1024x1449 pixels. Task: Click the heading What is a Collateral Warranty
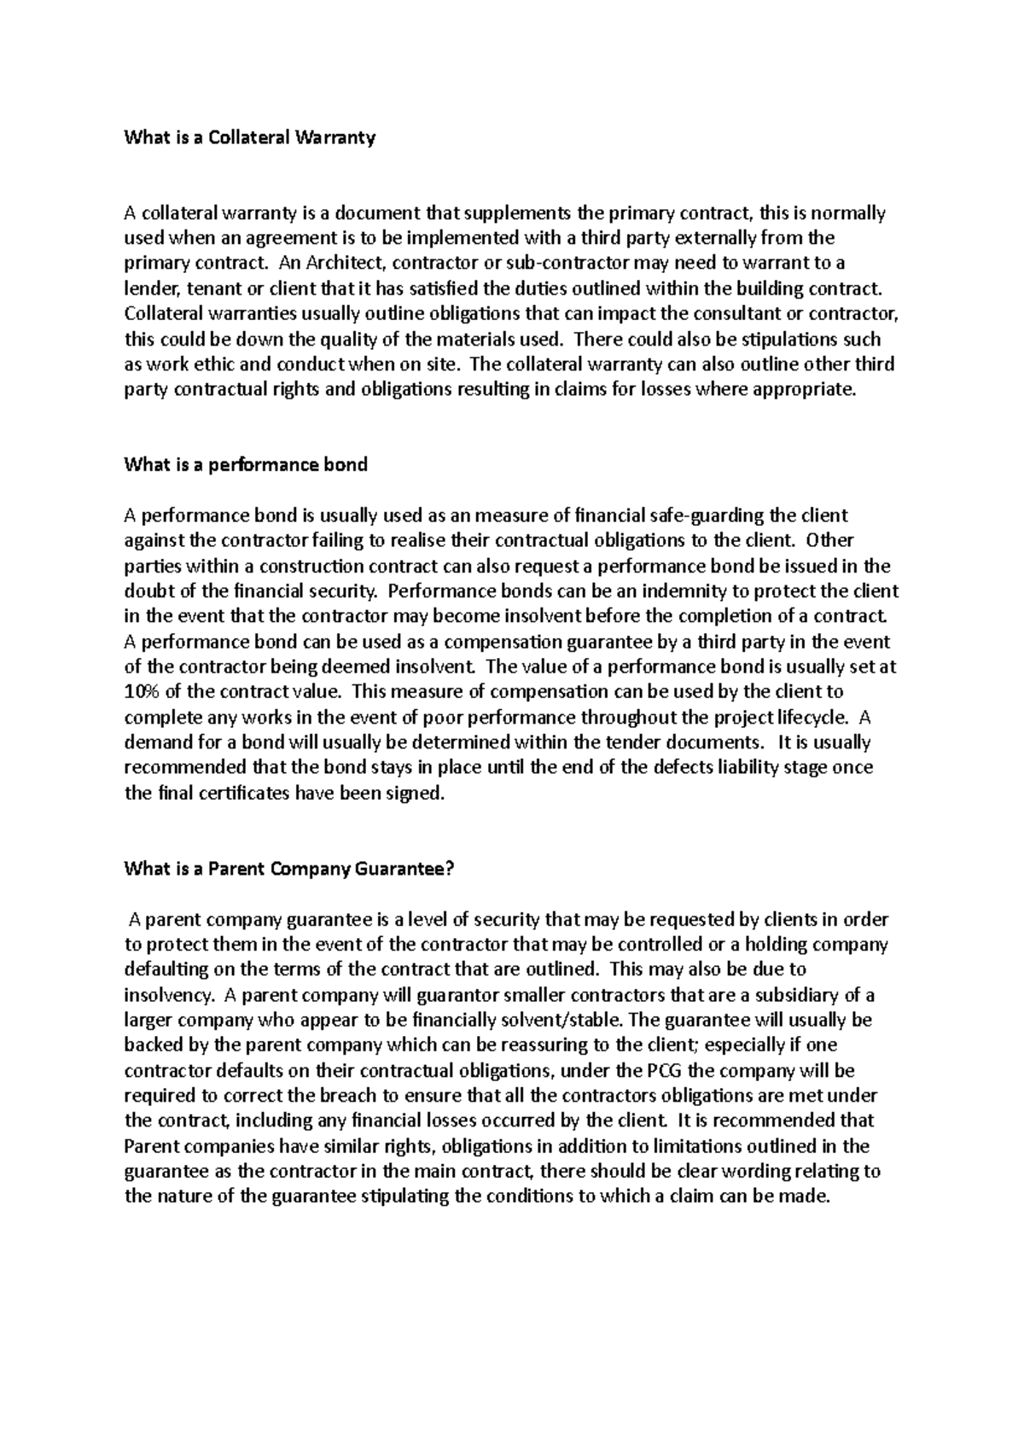click(249, 137)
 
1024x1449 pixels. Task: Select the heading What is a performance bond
click(245, 465)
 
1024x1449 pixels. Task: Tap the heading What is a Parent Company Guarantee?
click(289, 870)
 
